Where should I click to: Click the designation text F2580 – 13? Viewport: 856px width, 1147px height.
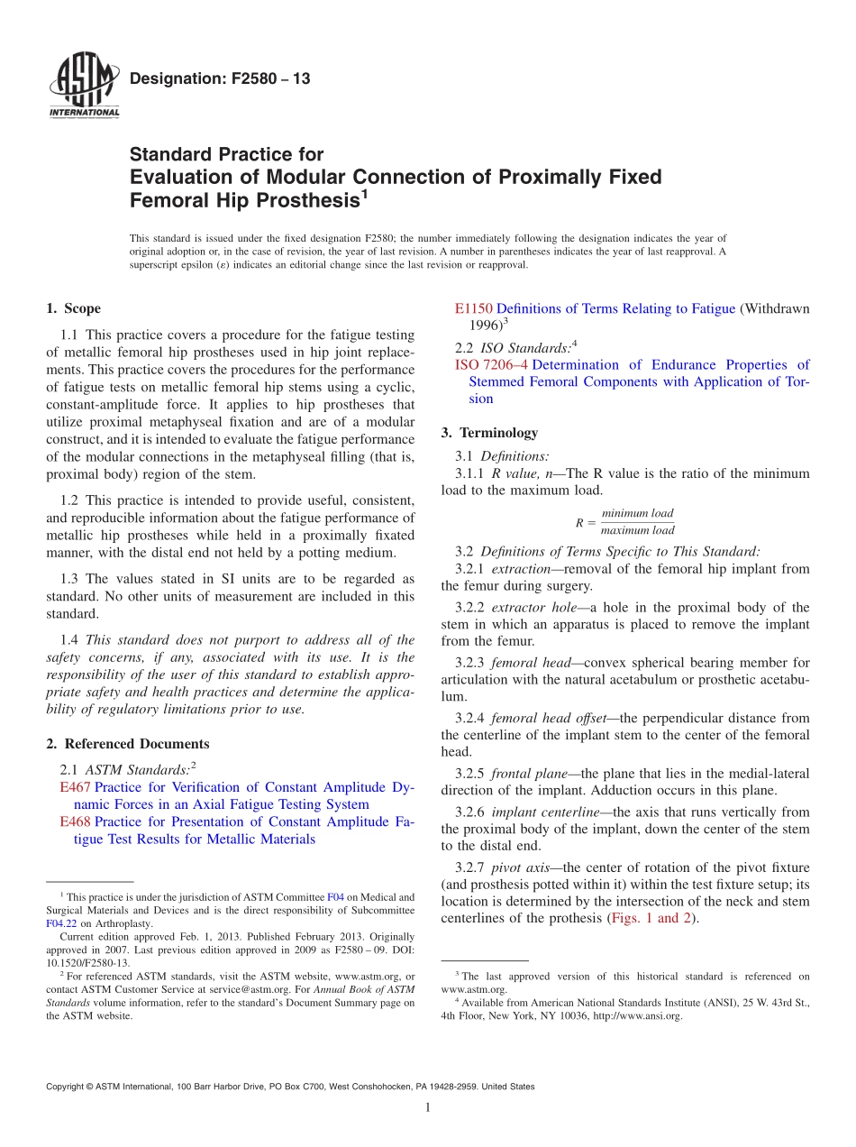click(x=220, y=79)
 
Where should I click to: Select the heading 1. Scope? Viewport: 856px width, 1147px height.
click(x=74, y=308)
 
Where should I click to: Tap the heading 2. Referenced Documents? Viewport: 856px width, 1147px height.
click(x=128, y=744)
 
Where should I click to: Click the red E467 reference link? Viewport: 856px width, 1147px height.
click(x=75, y=787)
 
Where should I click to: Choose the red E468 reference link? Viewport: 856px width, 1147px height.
click(x=75, y=821)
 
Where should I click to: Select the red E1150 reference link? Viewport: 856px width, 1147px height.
click(x=474, y=308)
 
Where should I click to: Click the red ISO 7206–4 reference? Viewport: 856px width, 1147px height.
click(x=491, y=365)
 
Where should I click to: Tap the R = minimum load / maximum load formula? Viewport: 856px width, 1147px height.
click(x=625, y=522)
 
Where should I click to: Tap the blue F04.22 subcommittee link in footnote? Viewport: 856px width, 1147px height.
click(x=61, y=923)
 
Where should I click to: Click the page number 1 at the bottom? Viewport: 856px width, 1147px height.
click(x=428, y=1107)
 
